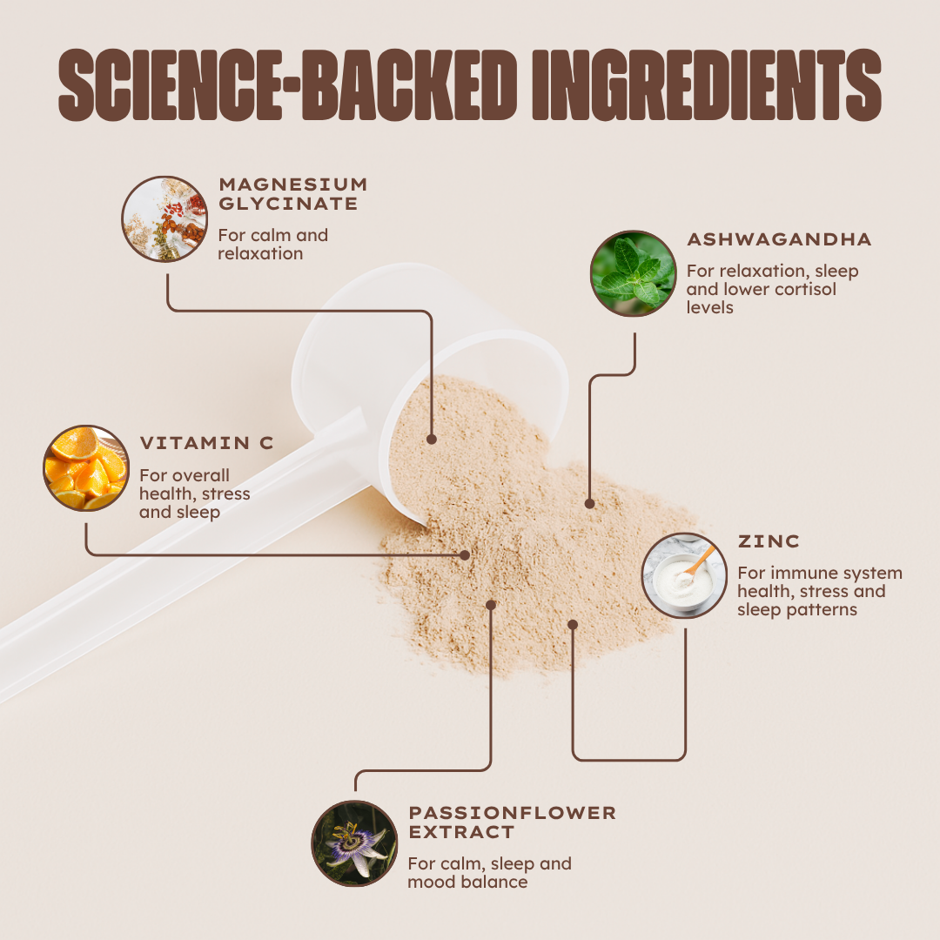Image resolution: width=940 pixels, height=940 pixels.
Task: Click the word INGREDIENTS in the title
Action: tap(707, 85)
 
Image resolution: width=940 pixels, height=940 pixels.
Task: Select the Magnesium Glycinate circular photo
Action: tap(164, 218)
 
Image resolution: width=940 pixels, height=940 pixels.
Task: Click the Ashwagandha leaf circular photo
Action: tap(633, 273)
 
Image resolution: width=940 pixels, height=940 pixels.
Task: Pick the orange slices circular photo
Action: tap(86, 468)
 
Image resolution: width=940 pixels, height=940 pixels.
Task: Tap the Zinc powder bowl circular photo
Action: tap(684, 575)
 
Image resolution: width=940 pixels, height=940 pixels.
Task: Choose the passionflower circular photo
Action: tap(354, 843)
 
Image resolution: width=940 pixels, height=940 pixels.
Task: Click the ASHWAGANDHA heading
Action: tap(779, 239)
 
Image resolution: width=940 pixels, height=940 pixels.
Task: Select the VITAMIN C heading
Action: tap(206, 443)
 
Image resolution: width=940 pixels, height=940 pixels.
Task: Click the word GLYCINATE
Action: tap(288, 204)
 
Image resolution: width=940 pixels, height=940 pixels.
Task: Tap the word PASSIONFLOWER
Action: tap(512, 813)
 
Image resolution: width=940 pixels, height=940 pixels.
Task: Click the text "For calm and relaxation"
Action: tap(272, 244)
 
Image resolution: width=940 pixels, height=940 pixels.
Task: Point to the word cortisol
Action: tap(805, 290)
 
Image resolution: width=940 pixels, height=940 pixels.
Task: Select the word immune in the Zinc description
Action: tap(798, 573)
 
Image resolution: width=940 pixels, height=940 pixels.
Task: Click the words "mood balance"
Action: tap(467, 882)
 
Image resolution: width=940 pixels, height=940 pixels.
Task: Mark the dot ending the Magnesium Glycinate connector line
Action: tap(431, 440)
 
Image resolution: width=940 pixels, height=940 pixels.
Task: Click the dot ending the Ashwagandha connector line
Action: tap(589, 504)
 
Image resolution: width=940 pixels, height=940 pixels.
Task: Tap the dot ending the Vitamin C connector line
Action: tap(465, 555)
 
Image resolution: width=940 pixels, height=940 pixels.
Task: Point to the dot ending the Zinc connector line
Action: tap(573, 625)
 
